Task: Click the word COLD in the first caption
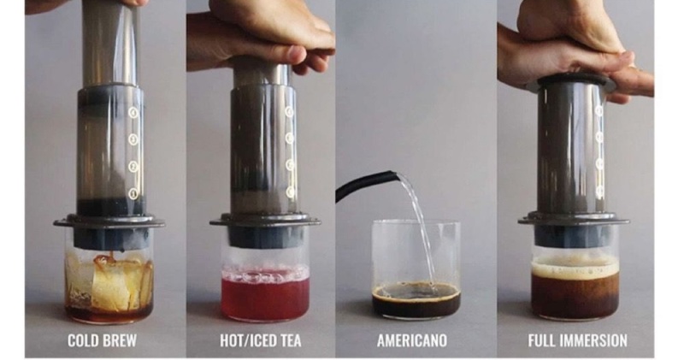point(83,340)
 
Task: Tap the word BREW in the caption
point(120,340)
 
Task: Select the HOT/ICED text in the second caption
point(247,340)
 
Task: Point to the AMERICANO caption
point(412,340)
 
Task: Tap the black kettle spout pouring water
point(367,182)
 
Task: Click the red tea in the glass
point(265,297)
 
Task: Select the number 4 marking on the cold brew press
point(133,113)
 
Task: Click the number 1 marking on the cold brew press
point(133,193)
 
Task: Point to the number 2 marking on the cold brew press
point(133,166)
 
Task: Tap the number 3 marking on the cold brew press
point(133,139)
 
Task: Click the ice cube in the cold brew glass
point(111,284)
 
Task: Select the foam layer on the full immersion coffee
point(575,267)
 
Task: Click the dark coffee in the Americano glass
point(416,301)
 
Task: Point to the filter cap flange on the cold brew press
point(109,222)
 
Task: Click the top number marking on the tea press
point(289,112)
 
